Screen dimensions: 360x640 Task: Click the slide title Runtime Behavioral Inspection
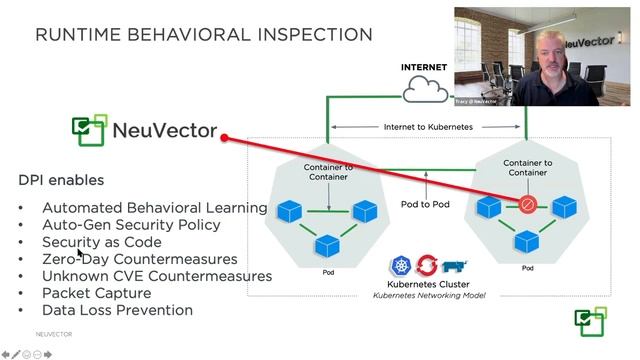204,35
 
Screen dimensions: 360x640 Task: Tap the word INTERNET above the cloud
423,68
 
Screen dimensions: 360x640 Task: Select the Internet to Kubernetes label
426,127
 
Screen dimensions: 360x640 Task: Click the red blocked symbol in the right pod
527,206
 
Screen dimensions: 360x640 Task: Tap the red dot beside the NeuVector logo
225,138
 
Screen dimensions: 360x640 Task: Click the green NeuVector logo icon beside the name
88,131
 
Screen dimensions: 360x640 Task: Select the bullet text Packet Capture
96,293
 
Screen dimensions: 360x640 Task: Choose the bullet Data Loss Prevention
117,310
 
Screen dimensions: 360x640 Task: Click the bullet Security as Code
101,242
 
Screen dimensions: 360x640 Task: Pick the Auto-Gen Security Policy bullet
130,225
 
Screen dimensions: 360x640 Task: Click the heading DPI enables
61,181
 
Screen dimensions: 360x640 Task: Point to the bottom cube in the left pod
328,245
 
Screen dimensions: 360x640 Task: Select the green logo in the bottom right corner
590,322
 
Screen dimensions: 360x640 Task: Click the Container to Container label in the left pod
328,171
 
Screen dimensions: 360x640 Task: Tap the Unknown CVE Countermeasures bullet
157,276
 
